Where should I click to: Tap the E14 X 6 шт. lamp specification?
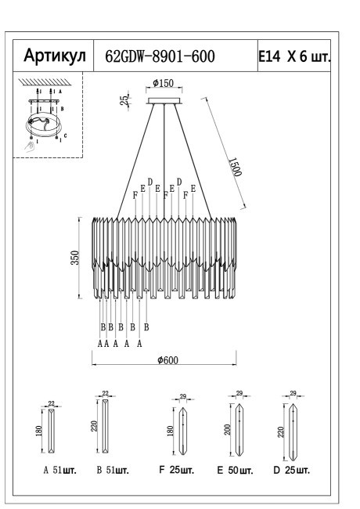coord(293,56)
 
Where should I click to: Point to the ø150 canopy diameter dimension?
coord(163,84)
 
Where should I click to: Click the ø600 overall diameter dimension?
coord(167,359)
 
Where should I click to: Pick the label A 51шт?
coord(59,472)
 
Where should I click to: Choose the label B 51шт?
coord(110,472)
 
